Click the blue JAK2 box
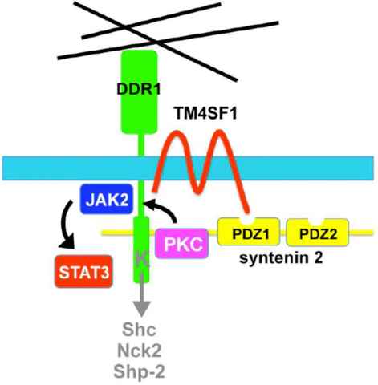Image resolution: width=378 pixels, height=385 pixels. click(107, 199)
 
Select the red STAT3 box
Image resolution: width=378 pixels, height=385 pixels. click(83, 272)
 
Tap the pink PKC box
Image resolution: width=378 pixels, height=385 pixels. click(182, 243)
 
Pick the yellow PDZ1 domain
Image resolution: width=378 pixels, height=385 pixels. click(249, 233)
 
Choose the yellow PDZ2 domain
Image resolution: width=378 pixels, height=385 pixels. click(318, 233)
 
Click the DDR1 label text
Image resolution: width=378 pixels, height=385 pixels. click(139, 89)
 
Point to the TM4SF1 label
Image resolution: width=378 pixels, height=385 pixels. click(205, 113)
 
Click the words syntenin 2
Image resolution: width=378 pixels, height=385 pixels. click(281, 258)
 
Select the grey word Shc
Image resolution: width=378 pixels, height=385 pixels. click(139, 330)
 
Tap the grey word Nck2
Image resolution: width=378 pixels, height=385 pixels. click(139, 351)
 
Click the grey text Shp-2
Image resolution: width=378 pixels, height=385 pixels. click(139, 371)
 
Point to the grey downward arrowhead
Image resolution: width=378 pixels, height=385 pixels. click(141, 309)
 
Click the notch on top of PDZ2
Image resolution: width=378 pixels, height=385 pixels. click(317, 221)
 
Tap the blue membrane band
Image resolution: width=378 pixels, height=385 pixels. click(188, 168)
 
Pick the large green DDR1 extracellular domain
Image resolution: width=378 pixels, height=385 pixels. click(139, 91)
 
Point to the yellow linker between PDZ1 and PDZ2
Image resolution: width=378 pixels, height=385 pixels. click(283, 233)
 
